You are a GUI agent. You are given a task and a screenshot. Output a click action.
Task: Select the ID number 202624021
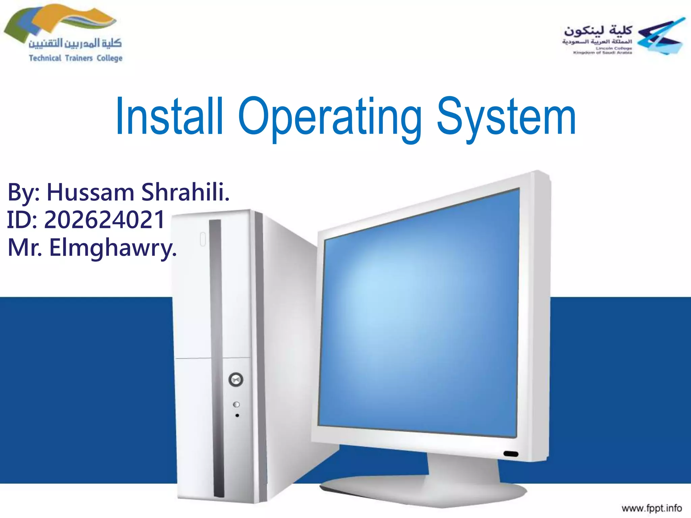click(x=104, y=220)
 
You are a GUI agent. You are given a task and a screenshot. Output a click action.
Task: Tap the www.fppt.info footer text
click(x=652, y=508)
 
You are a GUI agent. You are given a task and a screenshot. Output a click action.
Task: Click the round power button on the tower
click(x=236, y=379)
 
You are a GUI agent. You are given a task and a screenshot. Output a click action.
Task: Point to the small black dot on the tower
click(x=237, y=415)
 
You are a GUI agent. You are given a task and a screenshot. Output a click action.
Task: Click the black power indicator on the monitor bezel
click(x=511, y=454)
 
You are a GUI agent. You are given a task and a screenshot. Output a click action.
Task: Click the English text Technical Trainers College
click(x=76, y=58)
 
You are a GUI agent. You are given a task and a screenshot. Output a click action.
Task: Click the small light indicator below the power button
click(x=237, y=404)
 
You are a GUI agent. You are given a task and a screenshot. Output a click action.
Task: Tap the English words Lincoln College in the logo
click(x=614, y=49)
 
